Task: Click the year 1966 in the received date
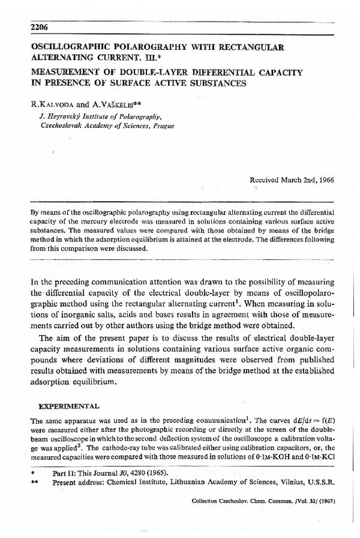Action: [324, 180]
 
